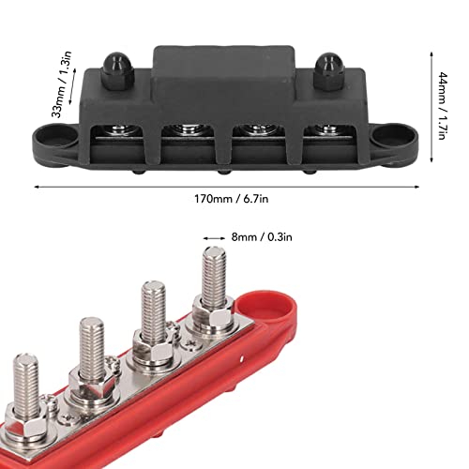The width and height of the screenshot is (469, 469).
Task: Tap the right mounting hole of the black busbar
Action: [x=387, y=139]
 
